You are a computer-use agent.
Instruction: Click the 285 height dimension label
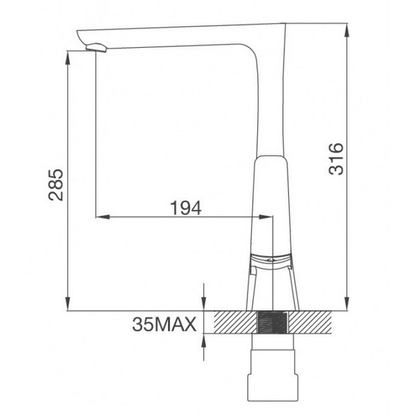[x=58, y=184]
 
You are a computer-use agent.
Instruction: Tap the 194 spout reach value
[x=185, y=207]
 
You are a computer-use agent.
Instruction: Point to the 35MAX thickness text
[x=164, y=323]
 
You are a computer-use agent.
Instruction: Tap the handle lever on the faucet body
[x=270, y=260]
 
